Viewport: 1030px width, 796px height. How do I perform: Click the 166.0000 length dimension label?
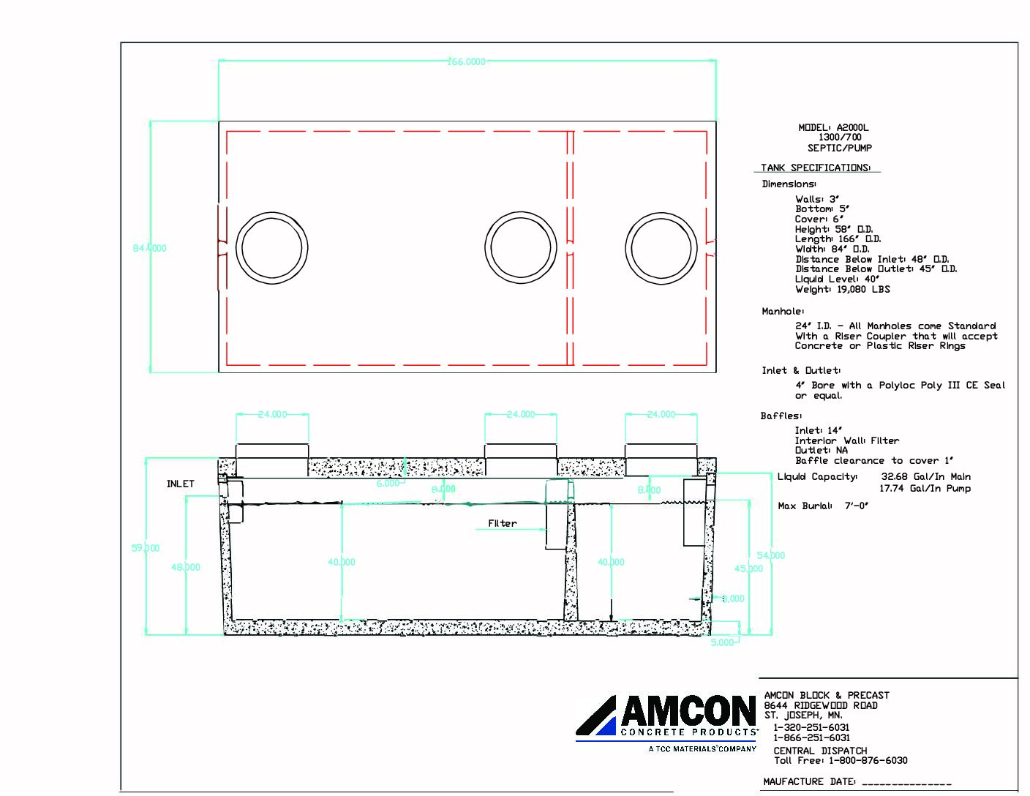[466, 62]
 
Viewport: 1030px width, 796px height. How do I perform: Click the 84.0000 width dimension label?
[149, 248]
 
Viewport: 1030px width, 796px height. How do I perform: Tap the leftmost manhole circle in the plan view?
[271, 248]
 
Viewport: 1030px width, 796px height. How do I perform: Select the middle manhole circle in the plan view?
[521, 248]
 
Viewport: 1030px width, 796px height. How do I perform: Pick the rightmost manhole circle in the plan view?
[661, 248]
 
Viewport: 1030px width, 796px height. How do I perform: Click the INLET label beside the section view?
[181, 484]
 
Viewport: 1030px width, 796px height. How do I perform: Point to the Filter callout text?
[502, 523]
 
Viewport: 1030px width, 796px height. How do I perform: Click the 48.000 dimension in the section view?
[186, 567]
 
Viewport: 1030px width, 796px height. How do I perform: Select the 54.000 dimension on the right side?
[770, 555]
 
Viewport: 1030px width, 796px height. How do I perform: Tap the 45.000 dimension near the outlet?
[748, 568]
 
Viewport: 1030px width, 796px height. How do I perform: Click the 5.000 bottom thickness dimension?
[722, 642]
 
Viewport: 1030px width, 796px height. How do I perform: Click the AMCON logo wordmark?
[688, 711]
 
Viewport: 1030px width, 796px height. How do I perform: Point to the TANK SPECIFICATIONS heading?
[816, 168]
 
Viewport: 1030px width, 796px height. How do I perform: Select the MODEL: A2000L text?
[833, 127]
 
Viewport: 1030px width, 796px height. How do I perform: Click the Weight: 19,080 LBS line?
[842, 289]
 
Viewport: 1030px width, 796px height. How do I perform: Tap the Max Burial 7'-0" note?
[823, 506]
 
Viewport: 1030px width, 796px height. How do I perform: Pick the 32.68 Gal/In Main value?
[925, 476]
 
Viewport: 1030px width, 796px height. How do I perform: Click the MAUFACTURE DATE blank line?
[907, 782]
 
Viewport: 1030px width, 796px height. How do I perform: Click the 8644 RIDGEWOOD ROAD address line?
[821, 705]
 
